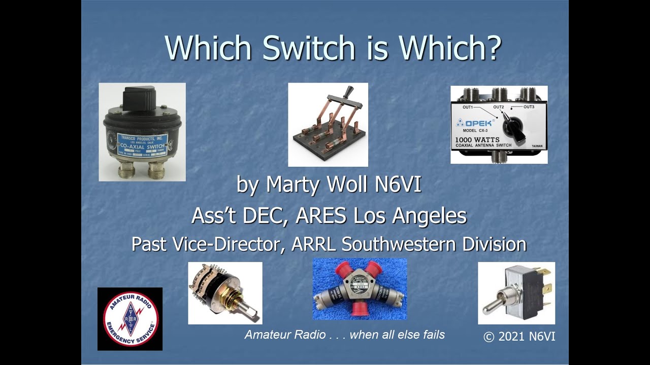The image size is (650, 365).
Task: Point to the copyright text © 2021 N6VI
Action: coord(519,336)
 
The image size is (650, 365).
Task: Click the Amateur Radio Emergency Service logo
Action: coord(130,319)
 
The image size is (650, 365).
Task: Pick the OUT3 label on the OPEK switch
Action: coord(529,107)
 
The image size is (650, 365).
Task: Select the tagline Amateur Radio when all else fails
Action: coord(344,335)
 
